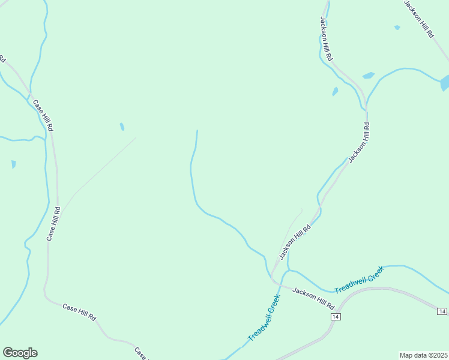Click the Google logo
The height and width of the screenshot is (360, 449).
20,353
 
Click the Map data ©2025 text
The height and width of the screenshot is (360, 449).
423,355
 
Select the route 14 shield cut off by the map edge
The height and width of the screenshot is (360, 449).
442,311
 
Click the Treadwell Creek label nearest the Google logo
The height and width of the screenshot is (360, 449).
265,318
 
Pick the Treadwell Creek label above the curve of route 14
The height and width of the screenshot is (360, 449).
358,280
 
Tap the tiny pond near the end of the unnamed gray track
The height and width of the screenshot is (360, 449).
122,127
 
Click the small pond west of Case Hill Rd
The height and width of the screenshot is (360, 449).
13,164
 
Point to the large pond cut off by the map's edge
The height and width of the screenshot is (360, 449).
445,82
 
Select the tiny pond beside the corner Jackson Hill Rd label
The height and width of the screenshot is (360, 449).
397,28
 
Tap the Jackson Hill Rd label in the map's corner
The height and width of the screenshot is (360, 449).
418,19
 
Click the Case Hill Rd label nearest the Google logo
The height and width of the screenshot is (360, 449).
79,311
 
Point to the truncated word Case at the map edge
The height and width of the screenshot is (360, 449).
140,353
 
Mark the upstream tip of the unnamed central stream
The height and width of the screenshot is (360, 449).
197,130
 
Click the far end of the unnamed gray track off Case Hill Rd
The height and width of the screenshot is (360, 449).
135,138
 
